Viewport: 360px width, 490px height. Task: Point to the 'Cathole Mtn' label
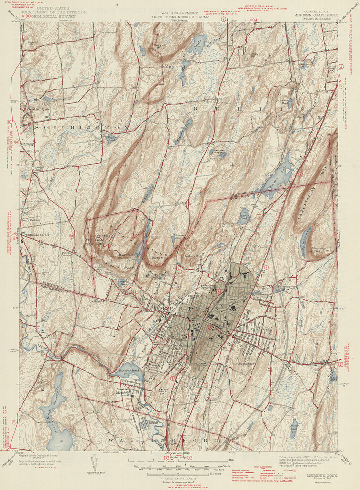(194, 256)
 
